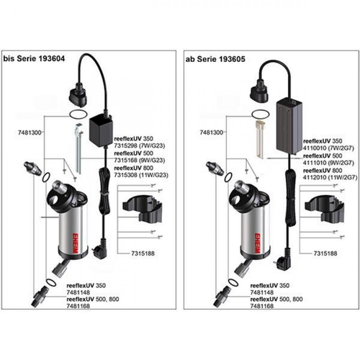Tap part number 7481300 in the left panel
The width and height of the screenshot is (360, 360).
(x=19, y=134)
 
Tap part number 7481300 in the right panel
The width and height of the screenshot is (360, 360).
(x=200, y=133)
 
